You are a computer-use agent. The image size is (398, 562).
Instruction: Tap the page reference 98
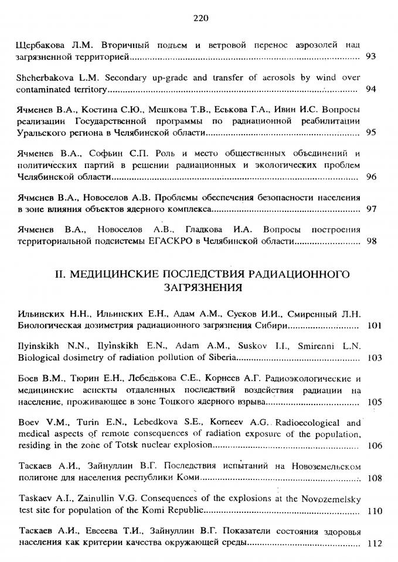pyautogui.click(x=370, y=241)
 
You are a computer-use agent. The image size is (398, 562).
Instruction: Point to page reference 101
pyautogui.click(x=373, y=325)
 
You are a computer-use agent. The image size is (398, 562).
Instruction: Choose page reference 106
pyautogui.click(x=373, y=446)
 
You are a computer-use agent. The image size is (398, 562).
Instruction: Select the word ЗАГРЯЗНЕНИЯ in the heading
pyautogui.click(x=200, y=287)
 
